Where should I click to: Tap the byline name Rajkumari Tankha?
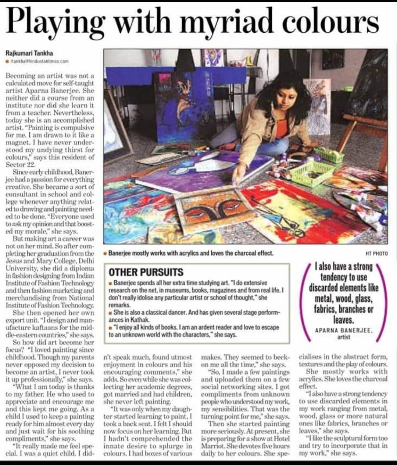[29, 54]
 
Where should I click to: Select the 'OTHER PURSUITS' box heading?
[146, 272]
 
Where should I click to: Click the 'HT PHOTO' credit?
[376, 253]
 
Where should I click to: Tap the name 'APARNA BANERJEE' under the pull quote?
[344, 330]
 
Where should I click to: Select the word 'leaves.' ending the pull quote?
[343, 319]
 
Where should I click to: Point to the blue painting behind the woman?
[173, 110]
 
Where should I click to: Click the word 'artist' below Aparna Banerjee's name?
[343, 337]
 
